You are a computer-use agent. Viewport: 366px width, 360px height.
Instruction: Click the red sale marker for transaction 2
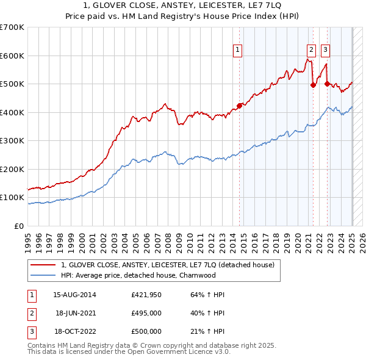click(x=313, y=85)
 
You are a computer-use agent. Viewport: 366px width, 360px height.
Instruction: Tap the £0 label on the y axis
click(x=19, y=226)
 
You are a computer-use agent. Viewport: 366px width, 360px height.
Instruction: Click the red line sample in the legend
click(x=43, y=265)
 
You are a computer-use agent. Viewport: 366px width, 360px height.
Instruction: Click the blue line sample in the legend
click(x=43, y=275)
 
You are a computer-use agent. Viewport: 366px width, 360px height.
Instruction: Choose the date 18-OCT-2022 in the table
click(x=75, y=331)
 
